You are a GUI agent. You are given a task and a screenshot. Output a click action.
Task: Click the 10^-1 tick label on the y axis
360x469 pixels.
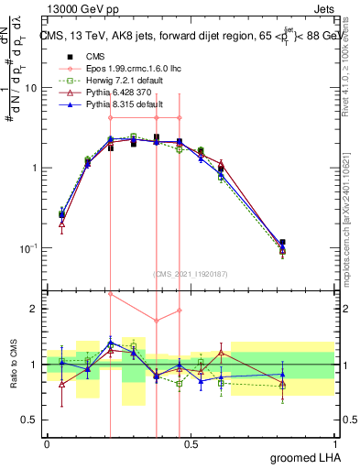30,248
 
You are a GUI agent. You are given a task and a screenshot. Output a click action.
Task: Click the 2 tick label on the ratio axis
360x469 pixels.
38,310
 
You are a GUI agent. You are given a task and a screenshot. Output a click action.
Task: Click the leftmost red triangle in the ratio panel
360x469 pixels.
61,385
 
